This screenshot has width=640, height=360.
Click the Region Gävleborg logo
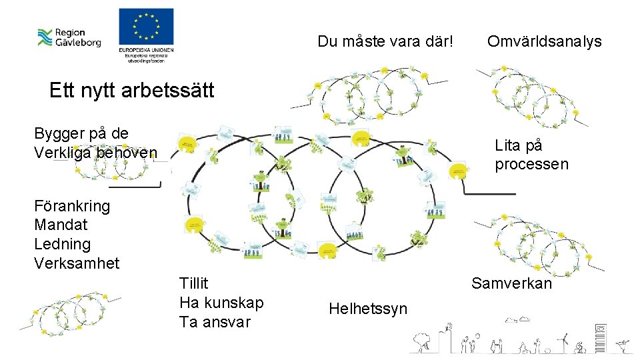69,37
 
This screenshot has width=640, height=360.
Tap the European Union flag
146,28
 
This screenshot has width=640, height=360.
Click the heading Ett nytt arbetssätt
131,90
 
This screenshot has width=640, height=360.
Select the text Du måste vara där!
385,41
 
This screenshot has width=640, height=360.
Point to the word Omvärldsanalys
544,41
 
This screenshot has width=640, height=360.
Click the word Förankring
71,205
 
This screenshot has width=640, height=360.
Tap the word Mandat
61,225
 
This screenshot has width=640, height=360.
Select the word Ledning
62,244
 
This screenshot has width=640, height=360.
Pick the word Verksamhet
77,263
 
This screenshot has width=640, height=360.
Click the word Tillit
194,283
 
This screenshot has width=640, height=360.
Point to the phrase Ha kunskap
221,303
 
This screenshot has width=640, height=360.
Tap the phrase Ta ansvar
215,322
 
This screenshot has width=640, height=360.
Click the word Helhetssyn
367,309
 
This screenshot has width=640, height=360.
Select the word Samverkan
511,283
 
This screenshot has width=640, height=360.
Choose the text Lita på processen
531,155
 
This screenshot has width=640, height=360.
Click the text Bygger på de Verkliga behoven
95,143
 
